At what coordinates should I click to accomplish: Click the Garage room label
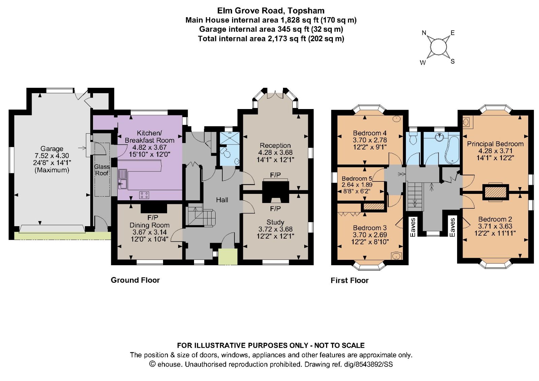52,148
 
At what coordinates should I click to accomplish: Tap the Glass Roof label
101,170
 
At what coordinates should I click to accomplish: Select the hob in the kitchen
144,195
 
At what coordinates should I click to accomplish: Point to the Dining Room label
149,225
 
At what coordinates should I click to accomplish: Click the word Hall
222,200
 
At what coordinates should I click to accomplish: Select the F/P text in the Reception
275,175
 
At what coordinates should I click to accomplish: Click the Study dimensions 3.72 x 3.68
275,229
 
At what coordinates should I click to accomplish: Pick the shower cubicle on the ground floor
229,138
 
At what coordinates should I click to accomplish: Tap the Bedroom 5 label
357,178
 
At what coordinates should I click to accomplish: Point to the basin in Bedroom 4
397,119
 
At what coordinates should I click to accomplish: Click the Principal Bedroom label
495,144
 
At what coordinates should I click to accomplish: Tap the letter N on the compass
424,33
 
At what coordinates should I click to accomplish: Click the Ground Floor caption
135,280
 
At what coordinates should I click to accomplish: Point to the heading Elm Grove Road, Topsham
271,10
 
